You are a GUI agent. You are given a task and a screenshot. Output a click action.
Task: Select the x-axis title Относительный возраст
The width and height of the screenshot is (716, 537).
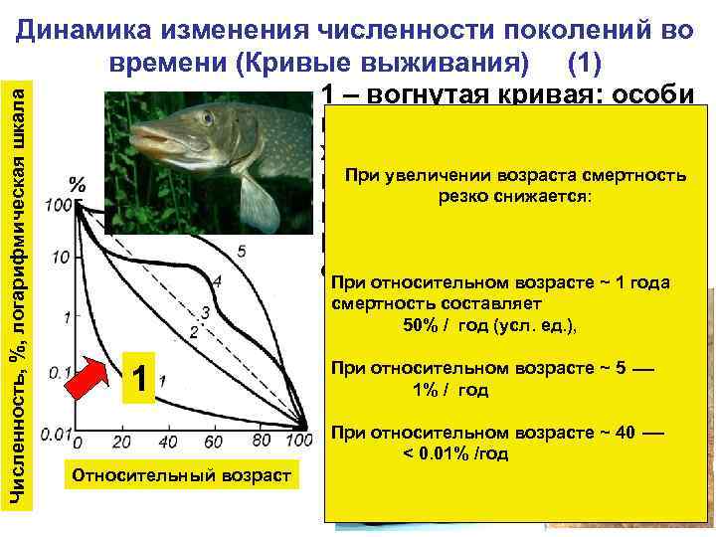[179, 475]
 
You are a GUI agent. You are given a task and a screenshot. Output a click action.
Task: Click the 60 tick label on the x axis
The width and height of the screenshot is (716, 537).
[214, 441]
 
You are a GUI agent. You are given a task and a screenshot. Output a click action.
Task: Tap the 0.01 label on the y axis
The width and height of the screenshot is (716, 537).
[56, 435]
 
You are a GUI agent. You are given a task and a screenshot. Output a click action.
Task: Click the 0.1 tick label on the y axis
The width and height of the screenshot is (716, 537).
[57, 375]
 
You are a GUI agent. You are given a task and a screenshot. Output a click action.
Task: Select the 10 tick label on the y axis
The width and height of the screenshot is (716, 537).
[61, 258]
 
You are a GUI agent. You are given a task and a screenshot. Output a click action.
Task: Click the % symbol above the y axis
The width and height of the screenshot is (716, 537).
[76, 185]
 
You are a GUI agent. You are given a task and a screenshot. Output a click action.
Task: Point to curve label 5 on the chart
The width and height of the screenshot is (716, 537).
[242, 249]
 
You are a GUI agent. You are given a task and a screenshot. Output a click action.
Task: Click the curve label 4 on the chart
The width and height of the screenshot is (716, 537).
[217, 281]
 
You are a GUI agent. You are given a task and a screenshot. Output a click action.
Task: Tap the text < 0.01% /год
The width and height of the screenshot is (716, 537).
[455, 453]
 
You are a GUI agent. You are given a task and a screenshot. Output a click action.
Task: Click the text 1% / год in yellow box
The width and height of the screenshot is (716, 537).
[450, 389]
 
